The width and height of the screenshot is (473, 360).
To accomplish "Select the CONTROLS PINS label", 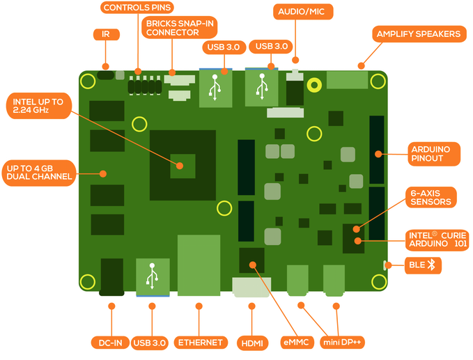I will pos(137,8).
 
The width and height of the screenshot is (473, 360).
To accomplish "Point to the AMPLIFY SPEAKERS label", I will pos(418,33).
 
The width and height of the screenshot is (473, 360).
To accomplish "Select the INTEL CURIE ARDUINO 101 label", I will pos(438,240).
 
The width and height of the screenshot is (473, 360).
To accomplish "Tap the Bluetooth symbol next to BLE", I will pos(431,265).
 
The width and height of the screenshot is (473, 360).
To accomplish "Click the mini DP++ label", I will pos(343,343).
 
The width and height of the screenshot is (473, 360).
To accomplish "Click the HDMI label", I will pos(252,343).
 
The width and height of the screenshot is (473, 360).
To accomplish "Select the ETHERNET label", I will pos(200,343).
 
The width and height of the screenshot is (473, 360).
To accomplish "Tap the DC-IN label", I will pos(109,343).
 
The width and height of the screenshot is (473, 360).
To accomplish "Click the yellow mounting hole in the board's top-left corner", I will pos(88,81).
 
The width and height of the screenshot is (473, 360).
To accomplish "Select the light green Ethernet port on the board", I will pos(199,265).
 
